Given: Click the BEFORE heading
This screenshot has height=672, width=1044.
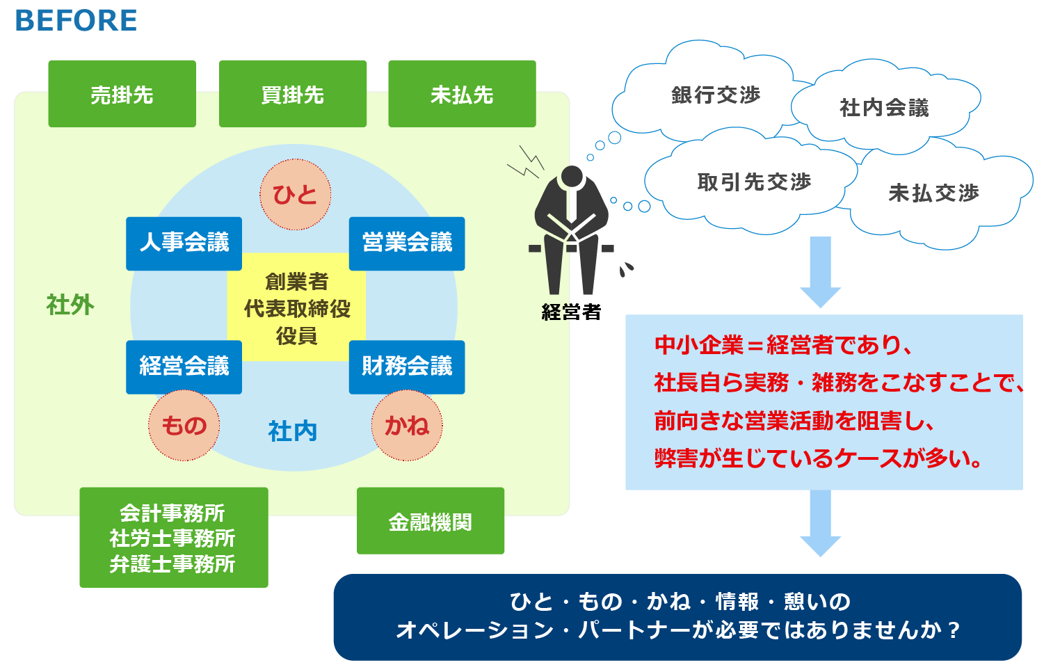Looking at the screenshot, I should click(76, 21).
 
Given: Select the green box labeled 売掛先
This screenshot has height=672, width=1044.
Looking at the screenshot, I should click(122, 94).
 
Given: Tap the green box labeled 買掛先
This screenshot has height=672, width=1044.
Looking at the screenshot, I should click(292, 94).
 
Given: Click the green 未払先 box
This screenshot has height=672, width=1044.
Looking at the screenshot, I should click(462, 94).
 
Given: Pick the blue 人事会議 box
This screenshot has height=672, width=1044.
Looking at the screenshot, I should click(184, 243).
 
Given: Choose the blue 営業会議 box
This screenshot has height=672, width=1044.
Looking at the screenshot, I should click(407, 243).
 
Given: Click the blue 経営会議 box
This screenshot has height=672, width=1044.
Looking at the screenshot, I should click(184, 367).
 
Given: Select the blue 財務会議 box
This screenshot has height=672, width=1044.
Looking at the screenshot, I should click(407, 367).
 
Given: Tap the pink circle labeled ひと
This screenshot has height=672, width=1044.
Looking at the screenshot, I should click(295, 195).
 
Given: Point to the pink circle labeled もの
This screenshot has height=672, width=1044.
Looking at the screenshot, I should click(184, 425).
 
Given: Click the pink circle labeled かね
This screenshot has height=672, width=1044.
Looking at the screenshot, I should click(407, 425).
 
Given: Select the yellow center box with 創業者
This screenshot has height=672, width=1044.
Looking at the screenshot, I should click(297, 308).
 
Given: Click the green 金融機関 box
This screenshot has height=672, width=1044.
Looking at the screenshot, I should click(430, 521).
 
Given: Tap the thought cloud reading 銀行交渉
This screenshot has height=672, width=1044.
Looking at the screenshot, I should click(715, 95).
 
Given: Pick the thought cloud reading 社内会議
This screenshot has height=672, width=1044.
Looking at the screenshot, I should click(883, 108).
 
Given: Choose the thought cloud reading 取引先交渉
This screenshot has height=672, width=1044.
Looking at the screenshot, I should click(754, 182).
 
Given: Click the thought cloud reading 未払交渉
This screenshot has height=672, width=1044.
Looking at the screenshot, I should click(933, 193).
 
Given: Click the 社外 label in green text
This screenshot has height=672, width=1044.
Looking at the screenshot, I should click(70, 305).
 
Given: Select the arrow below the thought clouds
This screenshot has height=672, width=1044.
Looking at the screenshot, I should click(821, 271).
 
